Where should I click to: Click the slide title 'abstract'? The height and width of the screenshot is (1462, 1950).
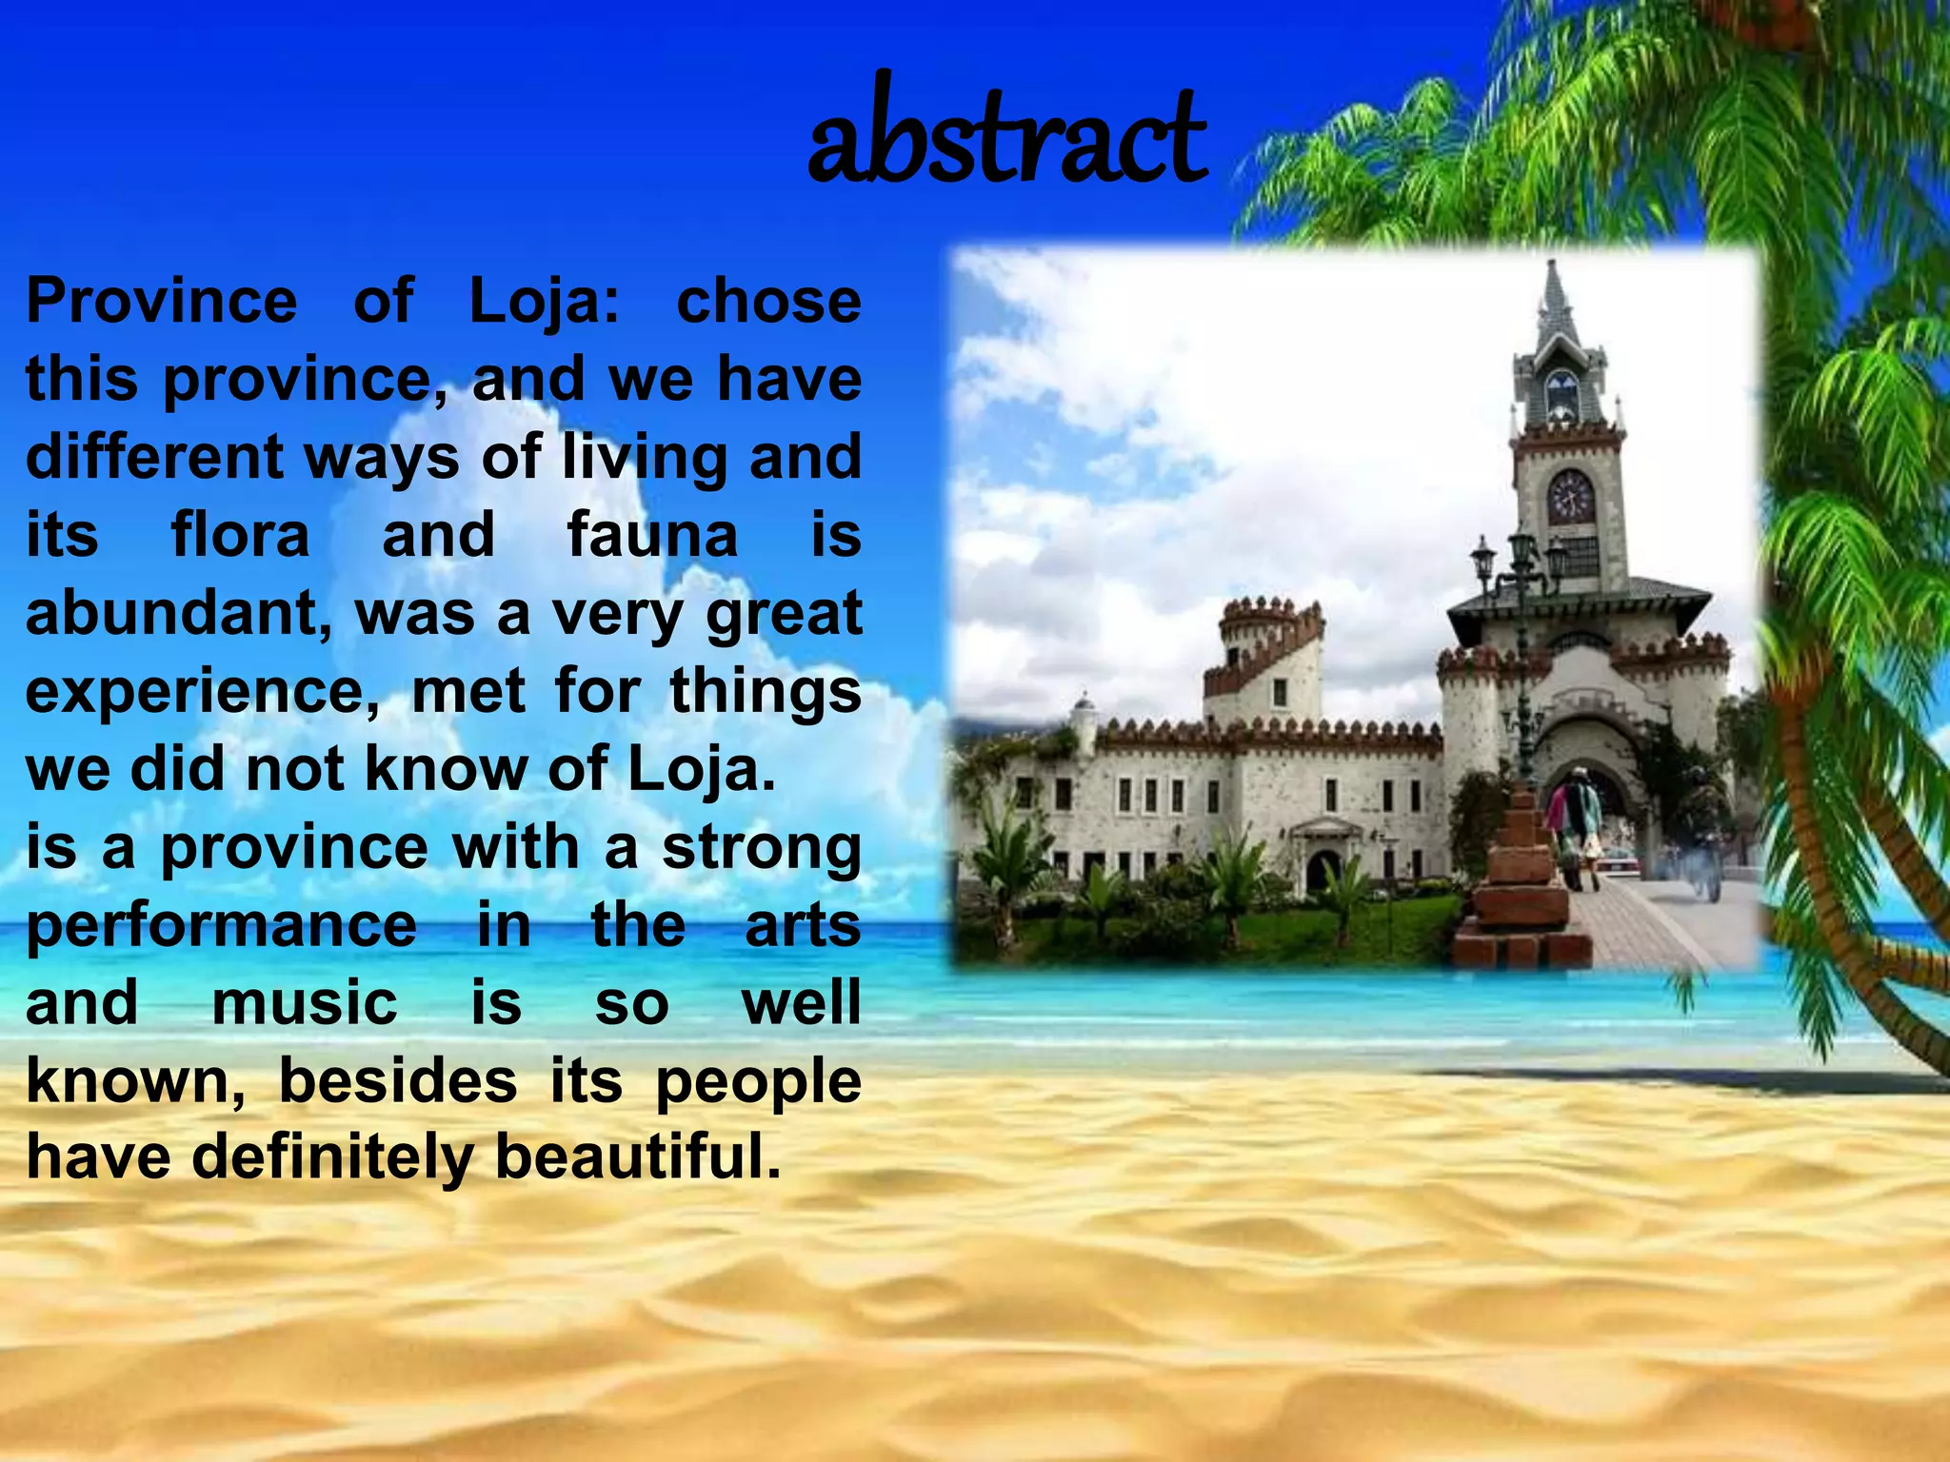click(1006, 134)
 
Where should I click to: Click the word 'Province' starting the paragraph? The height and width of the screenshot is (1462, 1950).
click(161, 302)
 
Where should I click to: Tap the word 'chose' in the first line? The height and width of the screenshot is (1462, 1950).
click(767, 302)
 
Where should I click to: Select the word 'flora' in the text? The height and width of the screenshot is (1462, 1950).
click(240, 535)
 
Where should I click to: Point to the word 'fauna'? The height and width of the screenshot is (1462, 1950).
click(652, 535)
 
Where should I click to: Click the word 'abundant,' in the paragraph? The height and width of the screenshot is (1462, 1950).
click(179, 614)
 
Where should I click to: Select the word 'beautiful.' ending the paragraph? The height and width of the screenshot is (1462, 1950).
click(638, 1157)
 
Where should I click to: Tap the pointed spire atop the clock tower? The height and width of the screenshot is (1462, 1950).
click(1557, 305)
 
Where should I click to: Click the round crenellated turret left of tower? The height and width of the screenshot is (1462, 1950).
click(1259, 633)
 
